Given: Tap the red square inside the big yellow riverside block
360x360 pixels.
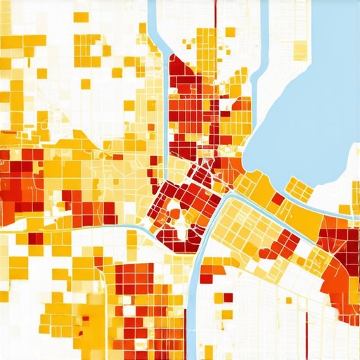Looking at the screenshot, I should click(278, 199).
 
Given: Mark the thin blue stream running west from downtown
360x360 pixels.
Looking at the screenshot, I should click(105, 226).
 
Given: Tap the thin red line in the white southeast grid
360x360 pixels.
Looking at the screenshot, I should click(307, 330).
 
